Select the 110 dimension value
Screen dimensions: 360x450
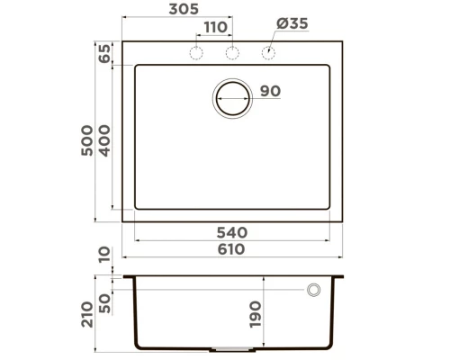(x=214, y=27)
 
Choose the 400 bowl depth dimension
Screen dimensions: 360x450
(x=104, y=140)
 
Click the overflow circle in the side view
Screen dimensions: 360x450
(x=314, y=290)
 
